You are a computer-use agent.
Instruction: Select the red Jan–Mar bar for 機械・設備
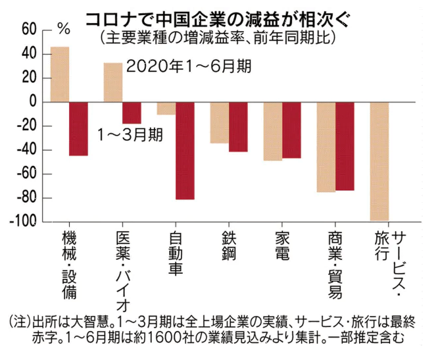[x=78, y=129]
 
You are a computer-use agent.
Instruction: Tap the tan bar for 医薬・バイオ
[x=113, y=82]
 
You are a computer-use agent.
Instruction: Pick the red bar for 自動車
[x=185, y=151]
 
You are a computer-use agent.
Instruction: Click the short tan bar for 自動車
[x=166, y=109]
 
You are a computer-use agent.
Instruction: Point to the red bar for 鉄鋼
[x=238, y=127]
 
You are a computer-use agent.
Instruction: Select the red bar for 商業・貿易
[x=345, y=146]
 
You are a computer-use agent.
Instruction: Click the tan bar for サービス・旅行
[x=379, y=161]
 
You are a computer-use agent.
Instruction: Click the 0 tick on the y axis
[x=32, y=102]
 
